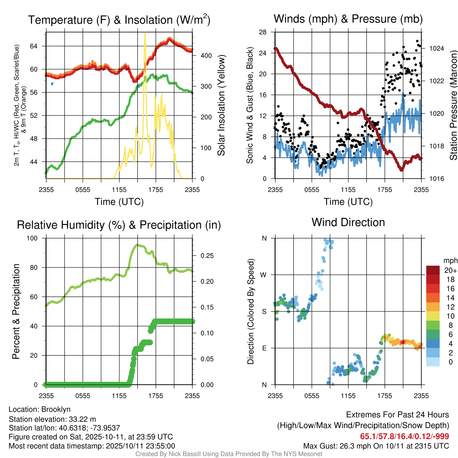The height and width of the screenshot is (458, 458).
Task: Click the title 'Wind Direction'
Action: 348,222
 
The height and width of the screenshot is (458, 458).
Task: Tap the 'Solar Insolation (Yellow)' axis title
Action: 221,106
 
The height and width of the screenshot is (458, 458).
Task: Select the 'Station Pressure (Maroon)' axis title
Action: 453,106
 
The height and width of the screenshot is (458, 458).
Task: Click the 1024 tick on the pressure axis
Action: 437,48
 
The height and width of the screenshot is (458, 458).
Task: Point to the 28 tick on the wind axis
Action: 263,32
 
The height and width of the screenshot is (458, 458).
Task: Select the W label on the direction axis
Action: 264,275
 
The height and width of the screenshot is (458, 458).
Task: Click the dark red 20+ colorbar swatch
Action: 434,270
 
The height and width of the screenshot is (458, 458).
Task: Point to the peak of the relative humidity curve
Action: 137,245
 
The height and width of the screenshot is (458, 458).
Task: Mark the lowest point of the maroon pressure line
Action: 401,170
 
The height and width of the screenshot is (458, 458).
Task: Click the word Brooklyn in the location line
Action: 56,409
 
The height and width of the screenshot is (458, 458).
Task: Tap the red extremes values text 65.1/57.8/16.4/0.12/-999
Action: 404,437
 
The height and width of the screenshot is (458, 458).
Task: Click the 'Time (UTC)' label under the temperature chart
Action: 119,202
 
